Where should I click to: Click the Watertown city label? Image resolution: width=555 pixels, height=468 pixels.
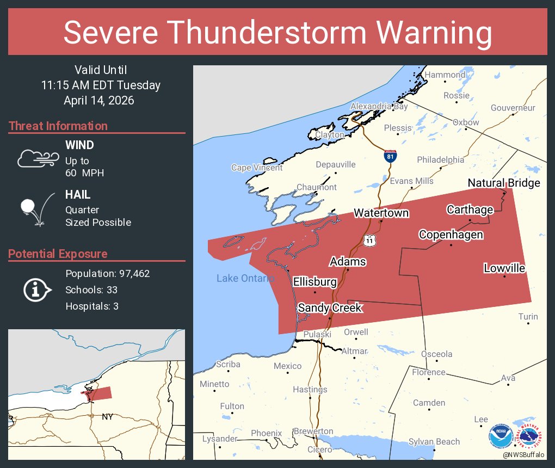click(x=381, y=213)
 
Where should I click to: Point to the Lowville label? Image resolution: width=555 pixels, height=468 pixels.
click(x=504, y=268)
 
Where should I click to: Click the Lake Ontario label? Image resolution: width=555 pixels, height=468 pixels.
click(x=245, y=279)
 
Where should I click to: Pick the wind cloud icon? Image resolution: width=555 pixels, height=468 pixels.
click(x=38, y=158)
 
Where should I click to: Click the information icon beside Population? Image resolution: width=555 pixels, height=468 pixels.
click(x=36, y=290)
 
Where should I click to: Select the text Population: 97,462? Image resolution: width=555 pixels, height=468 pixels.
click(x=107, y=273)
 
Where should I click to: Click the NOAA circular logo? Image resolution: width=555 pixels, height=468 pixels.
click(x=499, y=435)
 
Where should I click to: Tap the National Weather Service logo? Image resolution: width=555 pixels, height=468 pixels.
click(x=529, y=435)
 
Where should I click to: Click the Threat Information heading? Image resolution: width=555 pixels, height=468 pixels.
click(x=58, y=126)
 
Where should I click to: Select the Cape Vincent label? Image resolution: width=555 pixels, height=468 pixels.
click(x=257, y=168)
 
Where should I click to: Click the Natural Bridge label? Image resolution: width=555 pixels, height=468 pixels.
click(x=504, y=183)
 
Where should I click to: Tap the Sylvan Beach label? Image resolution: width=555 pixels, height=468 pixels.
click(x=434, y=442)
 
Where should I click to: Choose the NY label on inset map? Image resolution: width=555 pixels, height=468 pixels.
click(x=108, y=417)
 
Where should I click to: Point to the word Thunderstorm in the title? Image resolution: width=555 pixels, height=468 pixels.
click(x=286, y=33)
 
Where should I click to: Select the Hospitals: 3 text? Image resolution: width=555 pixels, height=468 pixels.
click(x=92, y=306)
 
